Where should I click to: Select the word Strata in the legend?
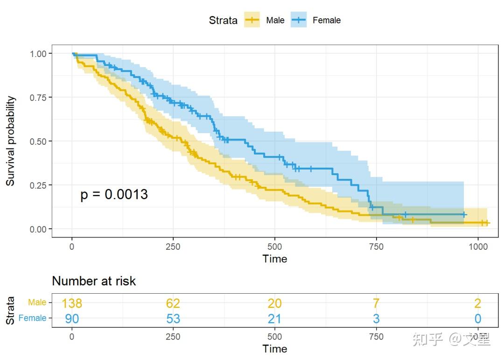[223, 21]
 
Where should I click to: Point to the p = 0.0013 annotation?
[114, 194]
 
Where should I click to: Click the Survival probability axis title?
[10, 141]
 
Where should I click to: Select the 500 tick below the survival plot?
[275, 246]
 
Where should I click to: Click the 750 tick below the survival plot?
[376, 246]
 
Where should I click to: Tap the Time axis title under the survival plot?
[275, 259]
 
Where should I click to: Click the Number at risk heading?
[94, 281]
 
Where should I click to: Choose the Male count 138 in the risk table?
[72, 304]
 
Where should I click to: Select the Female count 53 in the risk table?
[173, 319]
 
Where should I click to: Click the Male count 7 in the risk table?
[376, 304]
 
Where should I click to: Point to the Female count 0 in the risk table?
[478, 319]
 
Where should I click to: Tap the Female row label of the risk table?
[33, 318]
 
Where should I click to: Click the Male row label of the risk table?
[37, 303]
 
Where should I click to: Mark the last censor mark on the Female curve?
[464, 215]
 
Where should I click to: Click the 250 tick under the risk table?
[173, 336]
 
